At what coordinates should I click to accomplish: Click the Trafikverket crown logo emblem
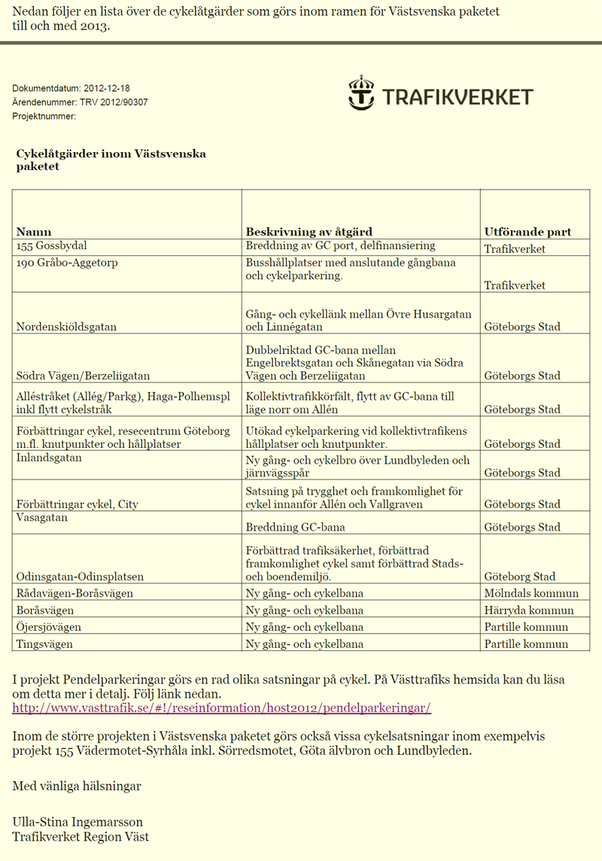click(x=361, y=93)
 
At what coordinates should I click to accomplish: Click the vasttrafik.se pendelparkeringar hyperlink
click(x=221, y=708)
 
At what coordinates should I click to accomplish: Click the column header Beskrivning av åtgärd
click(x=309, y=232)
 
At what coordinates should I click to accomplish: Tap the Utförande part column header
click(x=528, y=232)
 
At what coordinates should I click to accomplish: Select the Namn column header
click(x=34, y=232)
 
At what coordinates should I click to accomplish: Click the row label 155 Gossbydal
click(x=51, y=246)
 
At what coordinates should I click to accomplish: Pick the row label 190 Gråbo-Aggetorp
click(x=67, y=263)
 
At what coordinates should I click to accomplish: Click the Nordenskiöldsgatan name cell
click(x=76, y=327)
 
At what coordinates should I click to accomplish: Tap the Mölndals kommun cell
click(x=531, y=593)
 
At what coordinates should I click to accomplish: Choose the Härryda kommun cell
click(x=529, y=610)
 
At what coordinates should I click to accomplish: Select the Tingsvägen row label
click(x=44, y=644)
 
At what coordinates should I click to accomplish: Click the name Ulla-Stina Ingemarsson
click(x=78, y=822)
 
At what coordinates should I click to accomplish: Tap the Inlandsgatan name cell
click(x=49, y=458)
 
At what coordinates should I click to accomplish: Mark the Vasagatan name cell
click(x=42, y=518)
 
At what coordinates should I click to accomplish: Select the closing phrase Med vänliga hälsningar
click(x=77, y=786)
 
